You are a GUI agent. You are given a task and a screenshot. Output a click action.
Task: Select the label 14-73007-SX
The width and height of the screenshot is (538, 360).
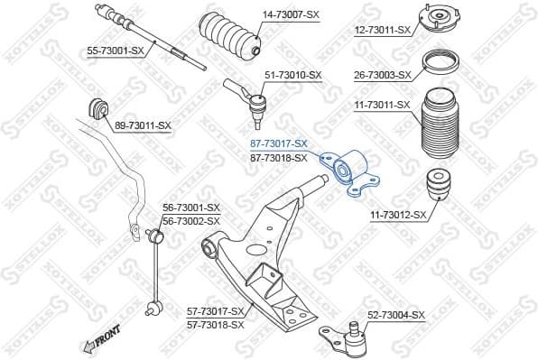292,15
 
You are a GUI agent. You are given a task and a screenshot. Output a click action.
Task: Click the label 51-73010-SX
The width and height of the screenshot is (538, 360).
291,75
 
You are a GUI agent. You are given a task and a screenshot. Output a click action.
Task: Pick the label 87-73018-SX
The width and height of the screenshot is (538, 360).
278,158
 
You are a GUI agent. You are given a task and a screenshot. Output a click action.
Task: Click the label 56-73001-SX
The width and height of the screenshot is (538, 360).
190,208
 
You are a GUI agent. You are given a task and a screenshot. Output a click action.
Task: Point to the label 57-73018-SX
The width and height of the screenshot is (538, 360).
216,322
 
